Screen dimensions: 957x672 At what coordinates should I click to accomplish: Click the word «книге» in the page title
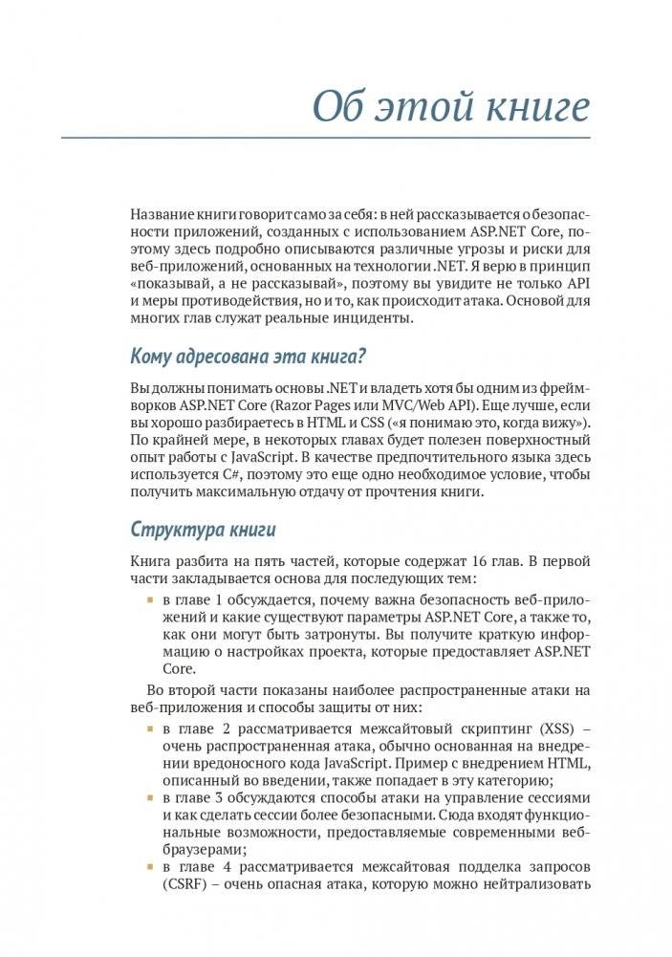pyautogui.click(x=535, y=107)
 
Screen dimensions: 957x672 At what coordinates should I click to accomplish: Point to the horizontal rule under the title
pyautogui.click(x=326, y=139)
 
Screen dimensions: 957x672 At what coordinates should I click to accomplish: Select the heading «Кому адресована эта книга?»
pyautogui.click(x=249, y=357)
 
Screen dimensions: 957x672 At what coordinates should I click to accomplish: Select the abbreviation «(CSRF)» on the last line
pyautogui.click(x=186, y=883)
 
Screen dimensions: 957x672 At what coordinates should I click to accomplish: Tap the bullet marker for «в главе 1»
pyautogui.click(x=149, y=598)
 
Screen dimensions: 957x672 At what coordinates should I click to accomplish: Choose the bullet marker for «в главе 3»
pyautogui.click(x=149, y=798)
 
